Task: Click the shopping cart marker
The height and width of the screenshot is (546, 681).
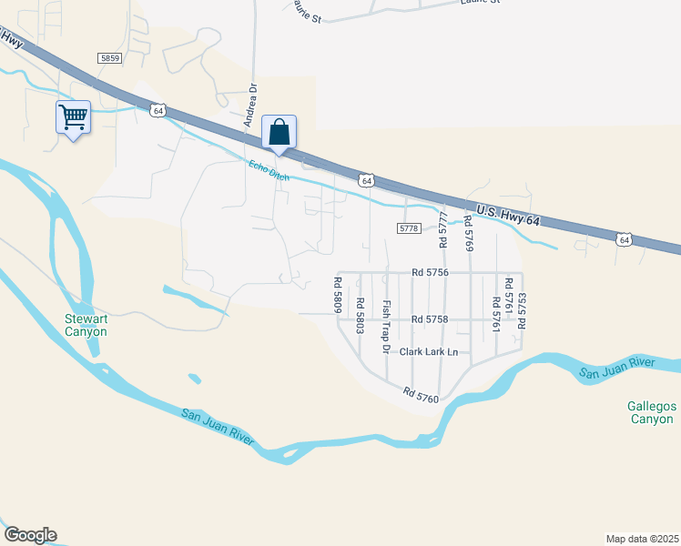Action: tap(73, 117)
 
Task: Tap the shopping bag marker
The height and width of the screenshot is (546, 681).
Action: tap(279, 132)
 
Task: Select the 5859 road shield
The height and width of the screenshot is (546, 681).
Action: tap(110, 57)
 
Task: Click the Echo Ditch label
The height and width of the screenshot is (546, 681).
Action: tap(269, 171)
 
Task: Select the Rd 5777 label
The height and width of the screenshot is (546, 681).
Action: tap(444, 232)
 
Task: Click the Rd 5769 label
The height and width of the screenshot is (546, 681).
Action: tap(468, 234)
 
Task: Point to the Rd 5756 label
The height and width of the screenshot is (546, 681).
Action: tap(430, 272)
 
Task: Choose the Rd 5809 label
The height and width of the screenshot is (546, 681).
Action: tap(338, 295)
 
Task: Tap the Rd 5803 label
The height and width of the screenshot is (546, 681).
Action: tap(361, 316)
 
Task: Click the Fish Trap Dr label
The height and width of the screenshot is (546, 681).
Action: tap(386, 327)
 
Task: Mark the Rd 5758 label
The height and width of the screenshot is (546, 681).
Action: tap(430, 319)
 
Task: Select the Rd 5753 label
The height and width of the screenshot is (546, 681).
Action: tap(522, 311)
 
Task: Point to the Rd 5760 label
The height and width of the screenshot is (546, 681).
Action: tap(422, 393)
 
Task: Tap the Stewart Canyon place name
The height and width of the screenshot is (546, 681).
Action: tap(86, 325)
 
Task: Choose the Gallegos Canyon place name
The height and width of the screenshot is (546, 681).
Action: tap(650, 412)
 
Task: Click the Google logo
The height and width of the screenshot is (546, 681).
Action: tap(30, 535)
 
